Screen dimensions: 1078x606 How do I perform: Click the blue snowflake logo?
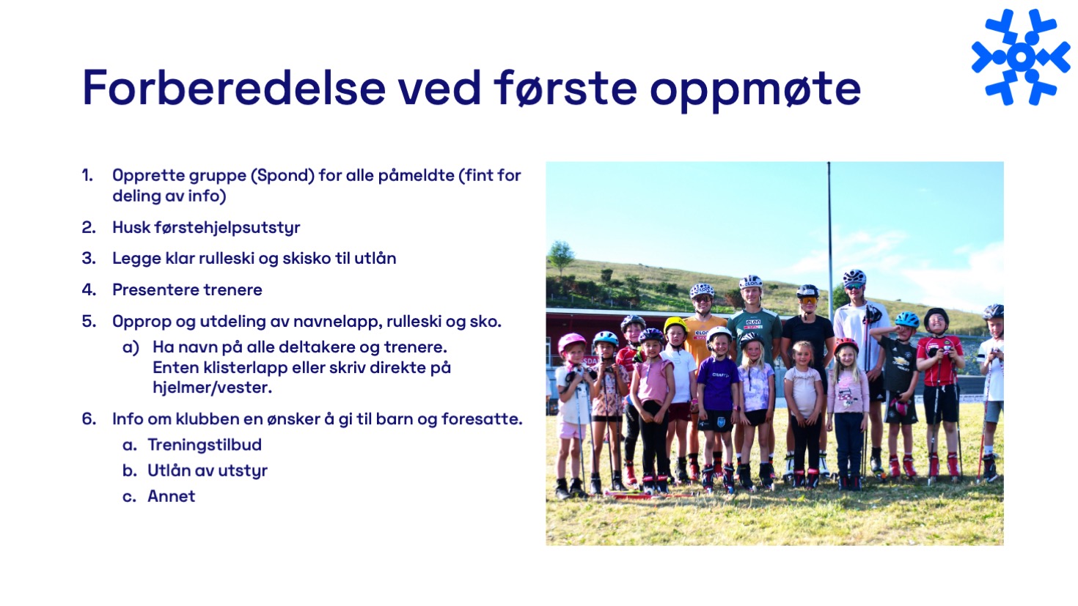[1021, 56]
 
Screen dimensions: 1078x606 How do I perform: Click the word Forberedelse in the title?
[234, 87]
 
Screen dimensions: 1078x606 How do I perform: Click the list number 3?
[89, 258]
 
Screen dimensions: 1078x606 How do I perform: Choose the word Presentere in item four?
[155, 290]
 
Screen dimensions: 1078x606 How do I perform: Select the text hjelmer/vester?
[212, 388]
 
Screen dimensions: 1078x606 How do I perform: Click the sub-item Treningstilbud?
[205, 446]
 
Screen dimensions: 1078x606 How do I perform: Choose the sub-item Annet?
[172, 496]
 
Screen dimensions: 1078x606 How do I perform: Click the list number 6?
[89, 419]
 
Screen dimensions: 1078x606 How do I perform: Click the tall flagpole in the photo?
[829, 240]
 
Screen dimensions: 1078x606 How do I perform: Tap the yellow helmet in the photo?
[675, 325]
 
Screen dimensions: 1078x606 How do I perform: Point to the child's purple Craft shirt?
[717, 383]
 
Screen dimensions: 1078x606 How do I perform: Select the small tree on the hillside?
[560, 256]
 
